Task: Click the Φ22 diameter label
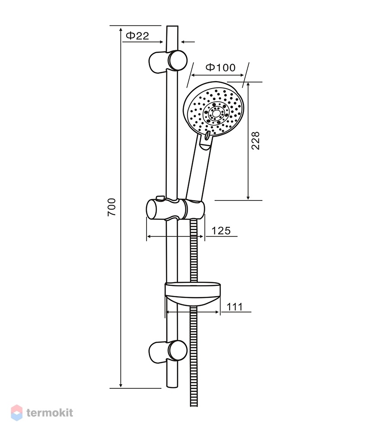pos(137,35)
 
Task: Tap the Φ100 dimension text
pos(221,67)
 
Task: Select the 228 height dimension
pos(255,140)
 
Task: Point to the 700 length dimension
pos(112,206)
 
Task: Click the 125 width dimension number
pos(221,231)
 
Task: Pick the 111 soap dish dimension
pos(234,307)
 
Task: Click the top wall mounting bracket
pos(168,61)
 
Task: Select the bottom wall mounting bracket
pos(168,352)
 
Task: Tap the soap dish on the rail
pos(193,294)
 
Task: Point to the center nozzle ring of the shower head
pos(216,112)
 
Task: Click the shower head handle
pos(198,168)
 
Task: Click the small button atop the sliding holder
pos(160,198)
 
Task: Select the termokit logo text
pos(50,413)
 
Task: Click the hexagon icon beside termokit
pos(16,413)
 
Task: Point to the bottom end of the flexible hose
pos(194,406)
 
